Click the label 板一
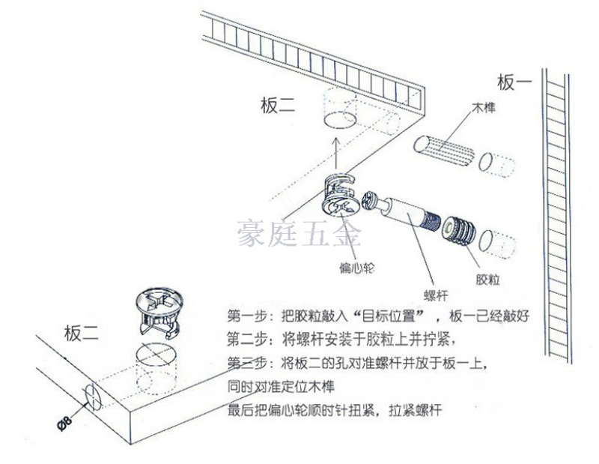[x=514, y=82]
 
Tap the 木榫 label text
[x=484, y=107]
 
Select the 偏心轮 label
[x=357, y=268]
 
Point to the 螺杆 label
[x=436, y=295]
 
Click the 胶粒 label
[x=487, y=280]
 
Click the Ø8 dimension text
[x=64, y=423]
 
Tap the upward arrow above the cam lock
[x=335, y=152]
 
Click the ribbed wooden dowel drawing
[x=444, y=151]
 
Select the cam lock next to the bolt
[x=340, y=195]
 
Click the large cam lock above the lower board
[x=159, y=311]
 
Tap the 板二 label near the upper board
[x=278, y=105]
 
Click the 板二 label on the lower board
[x=82, y=333]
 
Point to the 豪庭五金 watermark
[x=299, y=233]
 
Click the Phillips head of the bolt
[x=370, y=201]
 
